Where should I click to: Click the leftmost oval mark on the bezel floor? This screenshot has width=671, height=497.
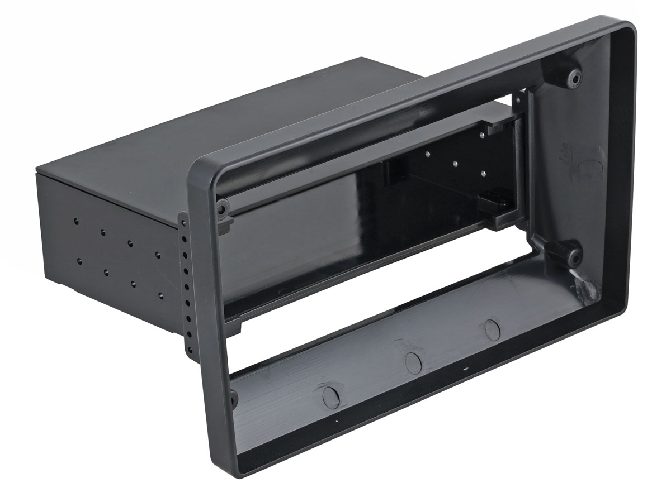tap(331, 396)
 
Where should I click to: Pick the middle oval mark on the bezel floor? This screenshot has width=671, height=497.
tap(412, 362)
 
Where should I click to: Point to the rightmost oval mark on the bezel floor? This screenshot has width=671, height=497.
tap(492, 329)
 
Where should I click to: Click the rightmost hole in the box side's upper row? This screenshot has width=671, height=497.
tap(158, 254)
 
